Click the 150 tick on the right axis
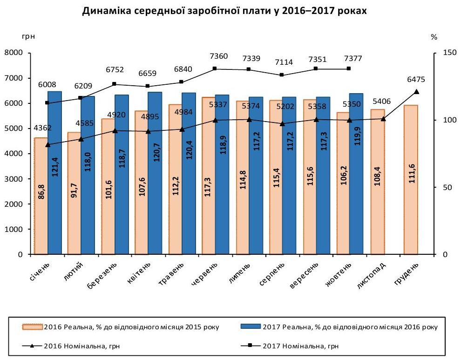pos(446,53)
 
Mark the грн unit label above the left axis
pos(28,35)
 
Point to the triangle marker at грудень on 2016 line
pos(416,92)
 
